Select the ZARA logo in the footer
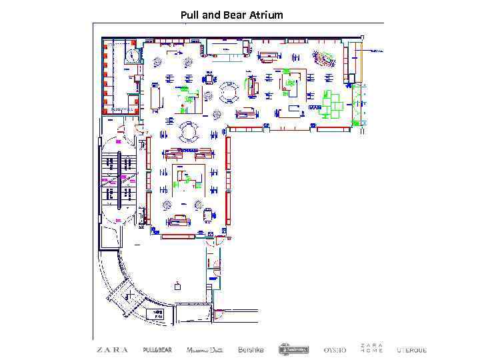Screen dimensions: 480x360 pyautogui.click(x=113, y=349)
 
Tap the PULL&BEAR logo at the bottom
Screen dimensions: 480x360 pyautogui.click(x=157, y=349)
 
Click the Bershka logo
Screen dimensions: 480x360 pyautogui.click(x=251, y=349)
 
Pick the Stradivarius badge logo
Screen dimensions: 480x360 pyautogui.click(x=293, y=349)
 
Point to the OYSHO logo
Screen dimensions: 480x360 pyautogui.click(x=335, y=349)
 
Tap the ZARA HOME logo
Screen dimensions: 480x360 pyautogui.click(x=371, y=349)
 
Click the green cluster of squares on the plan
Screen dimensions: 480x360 pyautogui.click(x=333, y=104)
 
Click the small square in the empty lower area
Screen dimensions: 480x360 pyautogui.click(x=177, y=287)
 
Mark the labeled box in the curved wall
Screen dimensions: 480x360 pyautogui.click(x=159, y=313)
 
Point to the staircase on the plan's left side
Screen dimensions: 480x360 pyautogui.click(x=118, y=178)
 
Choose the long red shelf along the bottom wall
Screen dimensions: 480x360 pyautogui.click(x=178, y=236)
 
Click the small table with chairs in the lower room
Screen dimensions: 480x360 pyautogui.click(x=207, y=214)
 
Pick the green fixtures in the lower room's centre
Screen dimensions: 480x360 pyautogui.click(x=189, y=179)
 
